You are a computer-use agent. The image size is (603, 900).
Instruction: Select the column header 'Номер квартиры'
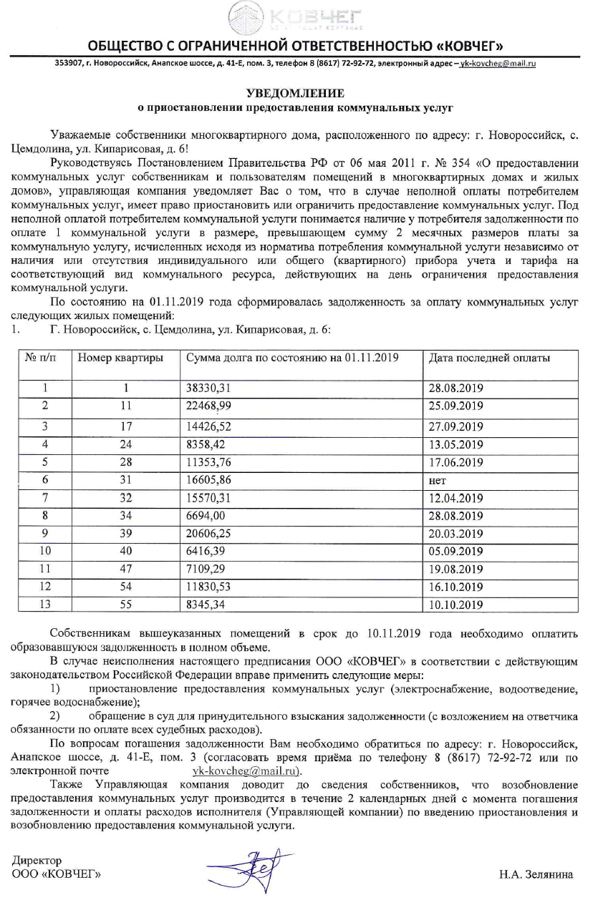pos(119,358)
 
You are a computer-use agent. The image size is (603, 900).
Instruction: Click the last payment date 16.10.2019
pos(455,587)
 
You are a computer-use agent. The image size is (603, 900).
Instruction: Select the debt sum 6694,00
pos(204,516)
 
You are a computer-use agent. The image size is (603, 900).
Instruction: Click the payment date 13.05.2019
pos(455,444)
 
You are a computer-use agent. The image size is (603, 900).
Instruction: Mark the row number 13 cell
pos(44,605)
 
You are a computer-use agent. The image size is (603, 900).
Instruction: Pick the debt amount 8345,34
pos(204,605)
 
